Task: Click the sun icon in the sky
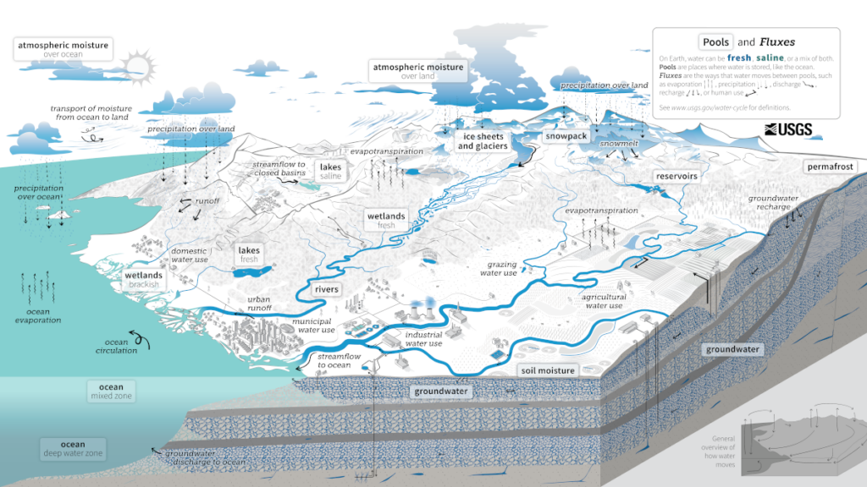[x=135, y=65]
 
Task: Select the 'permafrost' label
[x=831, y=167]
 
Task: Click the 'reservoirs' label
[x=676, y=177]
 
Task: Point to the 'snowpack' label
[x=566, y=136]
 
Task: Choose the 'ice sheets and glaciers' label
[x=483, y=140]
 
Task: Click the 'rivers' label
[x=326, y=289]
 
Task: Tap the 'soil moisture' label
[x=547, y=370]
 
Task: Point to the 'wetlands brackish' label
[x=144, y=280]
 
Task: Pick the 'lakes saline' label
[x=330, y=172]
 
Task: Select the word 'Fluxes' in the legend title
[x=776, y=41]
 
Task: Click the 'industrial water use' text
[x=423, y=339]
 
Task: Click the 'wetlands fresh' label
[x=386, y=221]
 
